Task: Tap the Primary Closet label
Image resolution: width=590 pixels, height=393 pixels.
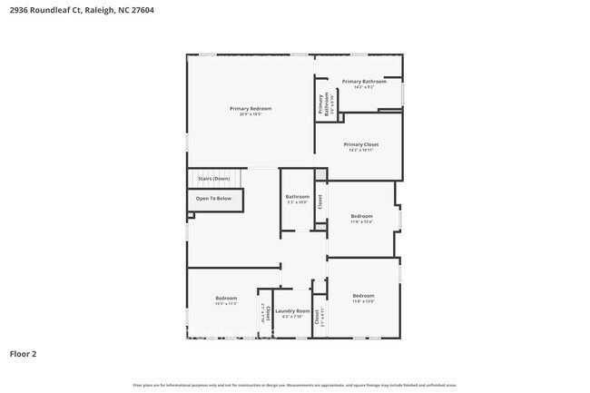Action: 360,144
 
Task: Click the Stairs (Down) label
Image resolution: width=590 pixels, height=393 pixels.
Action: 213,179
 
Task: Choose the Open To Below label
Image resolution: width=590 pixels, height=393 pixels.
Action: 213,198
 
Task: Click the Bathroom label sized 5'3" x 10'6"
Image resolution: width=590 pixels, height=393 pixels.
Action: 297,196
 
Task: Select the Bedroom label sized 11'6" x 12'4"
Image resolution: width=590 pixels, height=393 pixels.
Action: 361,215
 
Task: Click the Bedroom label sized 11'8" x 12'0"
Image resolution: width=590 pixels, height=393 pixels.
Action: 363,296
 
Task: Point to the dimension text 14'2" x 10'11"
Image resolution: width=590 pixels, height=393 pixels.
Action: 360,151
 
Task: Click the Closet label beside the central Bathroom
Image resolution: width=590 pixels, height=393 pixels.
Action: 320,202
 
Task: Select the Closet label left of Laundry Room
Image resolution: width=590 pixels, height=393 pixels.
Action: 268,313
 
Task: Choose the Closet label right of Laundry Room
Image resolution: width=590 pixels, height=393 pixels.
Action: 317,317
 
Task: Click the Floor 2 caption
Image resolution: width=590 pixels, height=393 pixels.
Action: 23,354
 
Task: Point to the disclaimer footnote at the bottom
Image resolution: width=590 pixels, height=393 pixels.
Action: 294,386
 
